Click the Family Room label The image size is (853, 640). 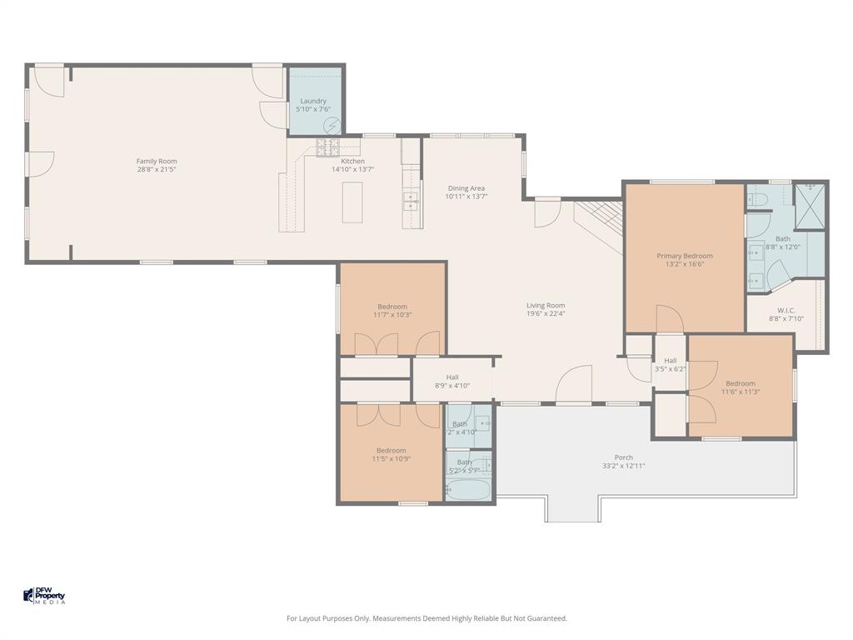point(157,162)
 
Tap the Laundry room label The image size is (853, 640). point(313,101)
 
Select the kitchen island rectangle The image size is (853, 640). point(352,202)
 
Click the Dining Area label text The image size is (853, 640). point(466,188)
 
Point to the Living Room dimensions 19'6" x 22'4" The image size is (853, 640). point(546,314)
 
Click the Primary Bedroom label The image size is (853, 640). point(684,256)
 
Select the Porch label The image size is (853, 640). point(623,457)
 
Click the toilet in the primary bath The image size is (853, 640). point(756,198)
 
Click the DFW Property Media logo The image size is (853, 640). point(44,596)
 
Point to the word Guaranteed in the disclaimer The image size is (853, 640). point(547,618)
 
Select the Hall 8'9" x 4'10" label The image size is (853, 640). point(452,377)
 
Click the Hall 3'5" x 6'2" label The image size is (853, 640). point(670,361)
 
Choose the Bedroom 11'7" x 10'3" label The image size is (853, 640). point(392,307)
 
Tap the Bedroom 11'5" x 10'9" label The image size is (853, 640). point(391,451)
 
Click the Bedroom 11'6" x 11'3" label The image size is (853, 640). point(740,383)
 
